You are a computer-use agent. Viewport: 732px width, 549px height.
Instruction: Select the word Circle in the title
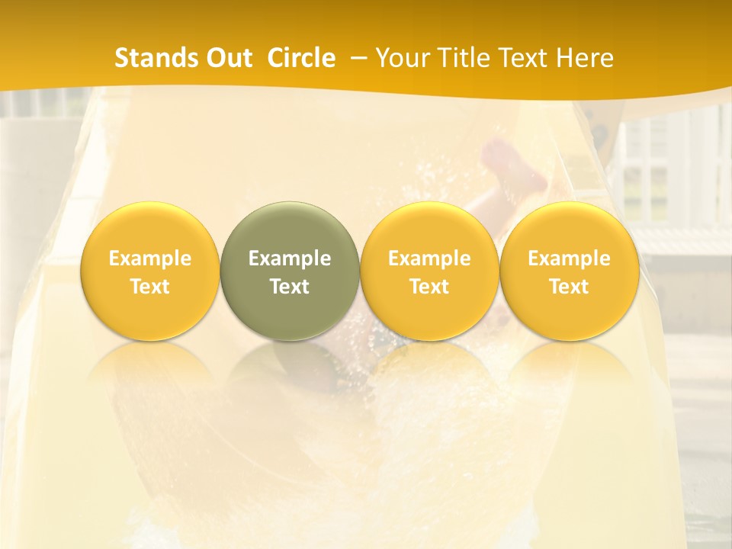(x=301, y=58)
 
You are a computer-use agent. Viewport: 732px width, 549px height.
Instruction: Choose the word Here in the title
(x=586, y=58)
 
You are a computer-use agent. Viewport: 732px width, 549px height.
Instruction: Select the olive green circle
(x=290, y=271)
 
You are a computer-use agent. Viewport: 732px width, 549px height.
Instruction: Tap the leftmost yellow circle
(x=150, y=271)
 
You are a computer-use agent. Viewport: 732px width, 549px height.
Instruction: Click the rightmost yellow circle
(x=569, y=271)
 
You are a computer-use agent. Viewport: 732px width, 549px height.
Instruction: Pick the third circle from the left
(x=429, y=271)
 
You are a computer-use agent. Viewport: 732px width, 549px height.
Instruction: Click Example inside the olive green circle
(x=290, y=258)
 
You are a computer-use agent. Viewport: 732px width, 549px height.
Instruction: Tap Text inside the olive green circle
(x=290, y=287)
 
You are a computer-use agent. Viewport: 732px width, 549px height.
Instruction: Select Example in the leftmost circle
(x=150, y=258)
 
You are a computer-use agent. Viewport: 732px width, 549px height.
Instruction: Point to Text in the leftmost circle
(x=150, y=287)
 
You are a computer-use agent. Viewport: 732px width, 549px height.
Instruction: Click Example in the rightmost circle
(x=569, y=258)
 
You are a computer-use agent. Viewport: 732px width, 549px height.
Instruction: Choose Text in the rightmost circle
(x=569, y=287)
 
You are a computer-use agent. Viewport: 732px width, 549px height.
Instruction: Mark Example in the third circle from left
(x=429, y=258)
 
